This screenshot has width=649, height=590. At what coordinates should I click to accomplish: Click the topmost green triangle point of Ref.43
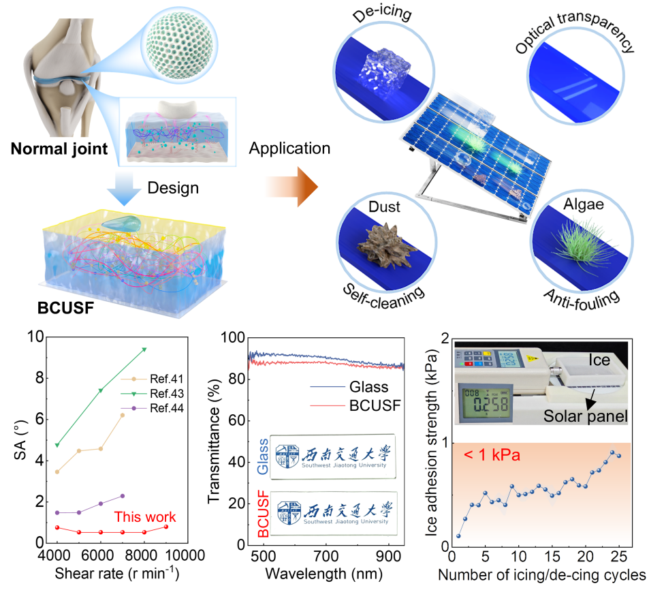pyautogui.click(x=144, y=350)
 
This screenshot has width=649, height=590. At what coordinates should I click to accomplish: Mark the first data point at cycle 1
pyautogui.click(x=458, y=535)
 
